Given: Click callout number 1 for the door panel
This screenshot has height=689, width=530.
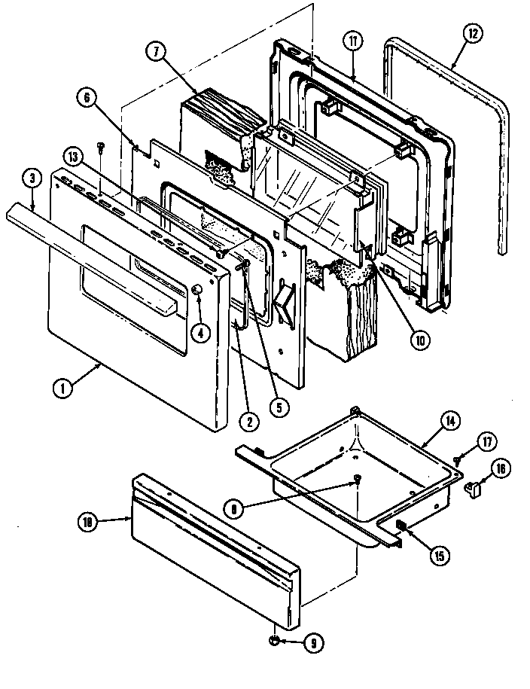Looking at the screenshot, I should coord(63,389).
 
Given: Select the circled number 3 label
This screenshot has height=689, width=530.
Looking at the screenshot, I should coord(32,178).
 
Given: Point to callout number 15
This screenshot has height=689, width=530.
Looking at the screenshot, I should coord(437,556).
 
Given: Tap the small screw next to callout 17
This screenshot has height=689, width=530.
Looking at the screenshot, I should coord(457,458).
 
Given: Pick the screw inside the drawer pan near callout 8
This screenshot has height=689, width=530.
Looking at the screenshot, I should coord(356,482).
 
